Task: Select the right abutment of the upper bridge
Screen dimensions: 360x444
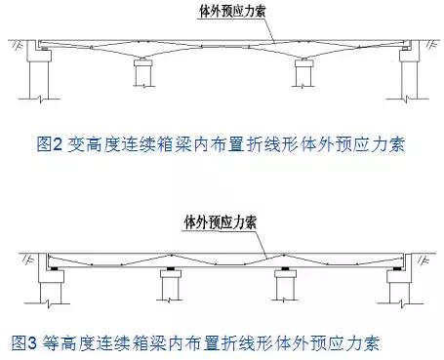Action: click(404, 78)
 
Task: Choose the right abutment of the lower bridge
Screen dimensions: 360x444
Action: click(400, 288)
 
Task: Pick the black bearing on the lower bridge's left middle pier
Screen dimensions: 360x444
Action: click(170, 267)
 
